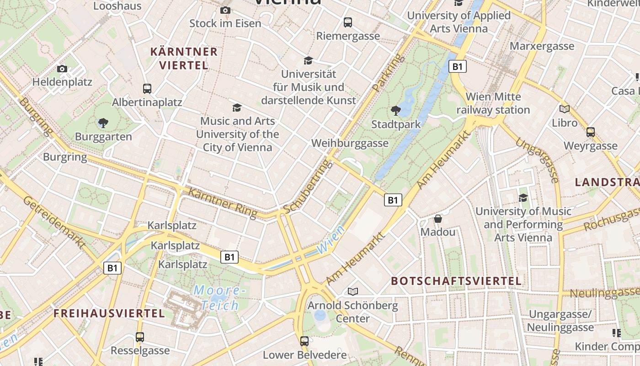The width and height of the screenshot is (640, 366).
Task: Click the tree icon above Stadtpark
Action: tap(395, 110)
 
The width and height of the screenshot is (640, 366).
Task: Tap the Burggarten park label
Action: tap(103, 136)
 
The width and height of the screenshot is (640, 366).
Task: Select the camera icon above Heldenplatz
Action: tap(62, 69)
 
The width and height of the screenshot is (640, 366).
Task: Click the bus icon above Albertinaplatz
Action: tap(147, 89)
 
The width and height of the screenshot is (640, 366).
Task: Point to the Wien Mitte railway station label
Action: tap(493, 103)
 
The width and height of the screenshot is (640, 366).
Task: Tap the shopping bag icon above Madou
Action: tap(438, 219)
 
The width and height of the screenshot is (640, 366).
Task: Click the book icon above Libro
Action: tap(565, 109)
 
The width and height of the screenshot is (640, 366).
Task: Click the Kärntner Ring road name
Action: tap(223, 203)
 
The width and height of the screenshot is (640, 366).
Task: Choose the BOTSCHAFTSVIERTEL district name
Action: tap(456, 281)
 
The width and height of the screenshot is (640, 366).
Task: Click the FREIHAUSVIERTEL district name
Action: tap(109, 313)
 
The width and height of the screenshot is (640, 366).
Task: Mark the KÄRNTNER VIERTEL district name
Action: tap(184, 58)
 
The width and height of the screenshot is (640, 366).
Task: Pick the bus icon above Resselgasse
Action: tap(140, 337)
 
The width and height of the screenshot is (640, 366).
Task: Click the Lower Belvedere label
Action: tap(304, 355)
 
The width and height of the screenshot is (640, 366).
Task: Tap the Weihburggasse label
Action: tap(350, 143)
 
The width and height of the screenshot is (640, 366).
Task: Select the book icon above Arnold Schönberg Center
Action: tap(352, 291)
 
